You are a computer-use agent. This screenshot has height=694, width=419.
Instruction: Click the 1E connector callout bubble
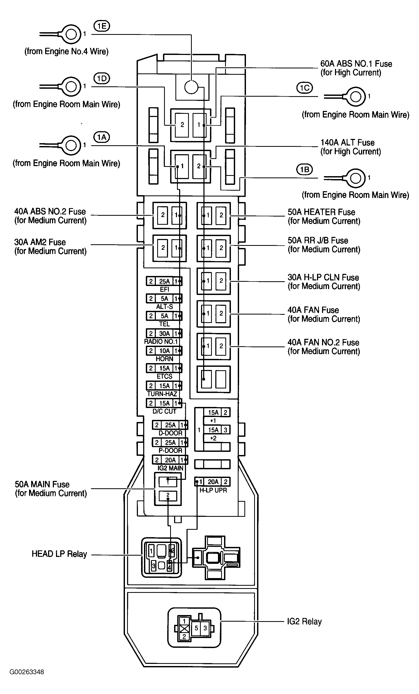tap(101, 26)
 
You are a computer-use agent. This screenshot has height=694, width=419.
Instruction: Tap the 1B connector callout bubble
tap(305, 169)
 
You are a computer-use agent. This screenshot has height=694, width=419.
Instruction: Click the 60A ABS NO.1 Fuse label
tap(356, 68)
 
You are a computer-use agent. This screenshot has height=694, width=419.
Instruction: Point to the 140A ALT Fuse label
tap(350, 147)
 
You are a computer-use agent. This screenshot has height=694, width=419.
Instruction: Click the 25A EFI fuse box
tap(164, 281)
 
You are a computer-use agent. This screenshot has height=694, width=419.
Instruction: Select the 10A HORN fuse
tap(164, 351)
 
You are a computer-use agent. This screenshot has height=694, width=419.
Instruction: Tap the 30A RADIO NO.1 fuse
tap(164, 334)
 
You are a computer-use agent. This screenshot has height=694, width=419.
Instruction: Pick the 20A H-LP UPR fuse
tap(213, 482)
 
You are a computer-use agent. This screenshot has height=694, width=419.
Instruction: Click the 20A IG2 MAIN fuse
tap(170, 460)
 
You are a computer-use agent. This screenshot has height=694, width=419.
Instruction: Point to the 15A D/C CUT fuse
tap(164, 403)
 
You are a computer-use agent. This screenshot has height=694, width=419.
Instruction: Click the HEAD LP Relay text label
tap(59, 554)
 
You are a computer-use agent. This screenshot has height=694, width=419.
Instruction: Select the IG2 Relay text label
tap(304, 621)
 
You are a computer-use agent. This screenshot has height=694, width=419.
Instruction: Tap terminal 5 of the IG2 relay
tap(196, 628)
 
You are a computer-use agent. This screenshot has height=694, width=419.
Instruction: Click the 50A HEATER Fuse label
tap(324, 216)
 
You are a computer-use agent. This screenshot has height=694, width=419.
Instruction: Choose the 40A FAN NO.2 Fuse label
tap(323, 347)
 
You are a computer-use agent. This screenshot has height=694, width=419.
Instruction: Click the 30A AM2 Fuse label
tap(50, 246)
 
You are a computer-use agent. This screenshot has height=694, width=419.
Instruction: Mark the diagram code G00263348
tap(27, 672)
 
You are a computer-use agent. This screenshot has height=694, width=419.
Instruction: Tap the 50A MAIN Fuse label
tap(51, 489)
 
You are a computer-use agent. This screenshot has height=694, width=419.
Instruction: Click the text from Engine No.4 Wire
tap(67, 51)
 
